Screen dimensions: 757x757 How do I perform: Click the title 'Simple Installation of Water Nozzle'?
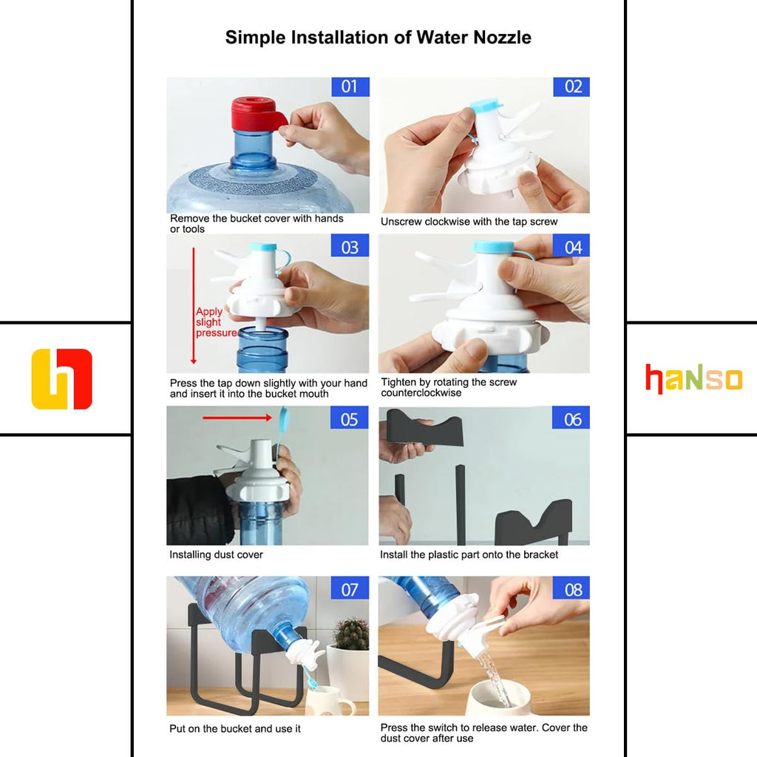tap(378, 38)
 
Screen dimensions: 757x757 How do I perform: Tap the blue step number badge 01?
tap(350, 87)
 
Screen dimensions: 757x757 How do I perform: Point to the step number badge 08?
tap(571, 588)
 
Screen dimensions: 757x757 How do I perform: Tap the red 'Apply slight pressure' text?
tap(216, 322)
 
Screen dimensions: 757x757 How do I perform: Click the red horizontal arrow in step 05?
tap(237, 418)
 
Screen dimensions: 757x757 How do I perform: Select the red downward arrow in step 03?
tap(194, 305)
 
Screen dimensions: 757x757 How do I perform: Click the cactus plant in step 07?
tap(351, 634)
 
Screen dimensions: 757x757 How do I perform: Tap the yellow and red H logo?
tap(62, 379)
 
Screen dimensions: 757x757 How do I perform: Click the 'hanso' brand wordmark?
tap(693, 379)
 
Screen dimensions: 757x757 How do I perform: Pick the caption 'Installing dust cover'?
tap(216, 554)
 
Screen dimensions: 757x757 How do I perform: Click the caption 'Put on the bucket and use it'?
tap(234, 728)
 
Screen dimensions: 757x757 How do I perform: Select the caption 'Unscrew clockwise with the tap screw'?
tap(469, 222)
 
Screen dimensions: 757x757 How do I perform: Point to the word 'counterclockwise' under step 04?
tap(421, 393)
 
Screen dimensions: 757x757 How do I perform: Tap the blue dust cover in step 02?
tap(486, 105)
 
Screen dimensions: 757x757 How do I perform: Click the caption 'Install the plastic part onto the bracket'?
tap(469, 554)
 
